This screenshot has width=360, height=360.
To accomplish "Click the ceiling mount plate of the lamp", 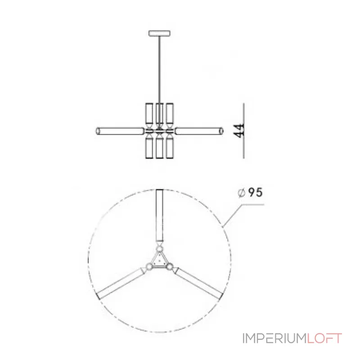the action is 160,33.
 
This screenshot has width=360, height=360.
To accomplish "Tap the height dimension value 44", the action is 239,130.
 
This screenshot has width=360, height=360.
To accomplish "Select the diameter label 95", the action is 255,193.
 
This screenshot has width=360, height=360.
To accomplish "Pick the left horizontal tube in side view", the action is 120,131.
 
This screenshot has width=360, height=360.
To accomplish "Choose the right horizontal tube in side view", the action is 199,131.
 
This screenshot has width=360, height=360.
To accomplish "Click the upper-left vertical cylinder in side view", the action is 149,113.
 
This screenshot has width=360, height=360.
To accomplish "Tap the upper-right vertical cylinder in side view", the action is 170,113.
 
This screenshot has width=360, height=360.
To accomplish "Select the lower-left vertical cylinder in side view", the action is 149,148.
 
